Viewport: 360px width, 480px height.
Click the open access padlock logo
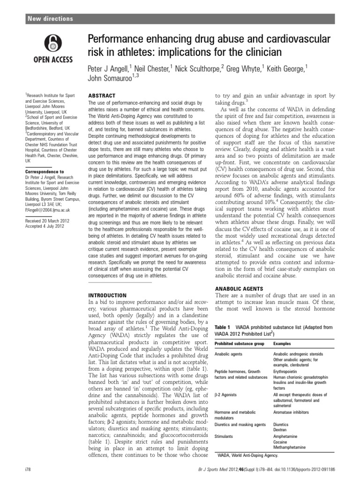52,44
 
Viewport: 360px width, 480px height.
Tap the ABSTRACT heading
102,96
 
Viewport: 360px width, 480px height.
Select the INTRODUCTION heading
107,295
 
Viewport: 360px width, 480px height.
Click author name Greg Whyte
243,69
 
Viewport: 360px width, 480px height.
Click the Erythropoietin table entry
287,370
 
